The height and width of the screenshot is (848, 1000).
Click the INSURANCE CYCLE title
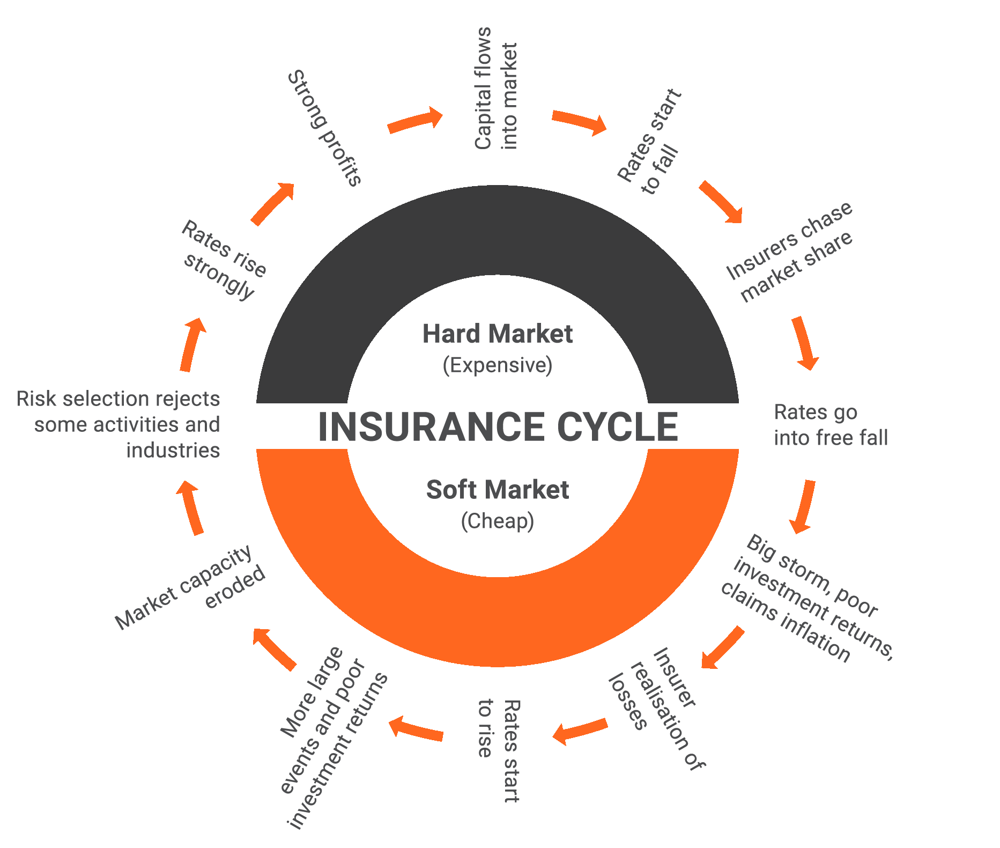pos(498,427)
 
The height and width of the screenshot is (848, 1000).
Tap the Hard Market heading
pos(498,334)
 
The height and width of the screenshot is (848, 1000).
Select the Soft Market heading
pos(498,490)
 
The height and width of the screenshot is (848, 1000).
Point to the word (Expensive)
pos(498,365)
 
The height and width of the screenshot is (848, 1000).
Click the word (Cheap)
pos(498,521)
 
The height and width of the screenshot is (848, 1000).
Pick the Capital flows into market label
pos(497,89)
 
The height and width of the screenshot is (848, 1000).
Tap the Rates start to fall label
pos(649,142)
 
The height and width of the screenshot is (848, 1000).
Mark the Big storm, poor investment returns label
pos(806,598)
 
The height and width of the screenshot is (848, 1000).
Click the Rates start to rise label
pos(498,750)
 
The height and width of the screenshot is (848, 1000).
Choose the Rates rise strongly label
pos(223,260)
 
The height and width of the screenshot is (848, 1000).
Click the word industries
pos(173,451)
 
